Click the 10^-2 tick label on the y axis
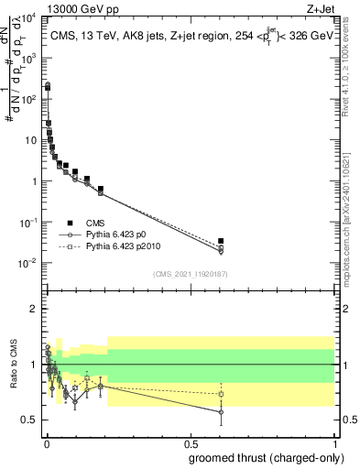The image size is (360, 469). (28, 264)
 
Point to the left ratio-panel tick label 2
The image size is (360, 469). (33, 309)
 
